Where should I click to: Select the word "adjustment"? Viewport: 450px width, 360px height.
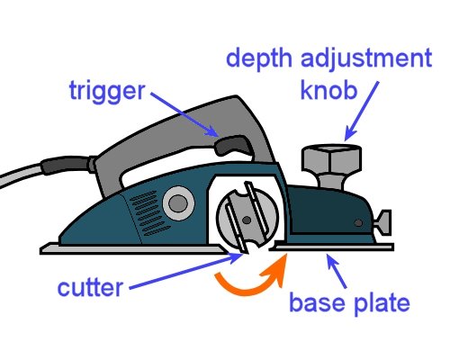371,62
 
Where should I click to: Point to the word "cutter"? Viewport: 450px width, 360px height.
91,289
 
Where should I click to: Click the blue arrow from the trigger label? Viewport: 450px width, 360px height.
184,112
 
